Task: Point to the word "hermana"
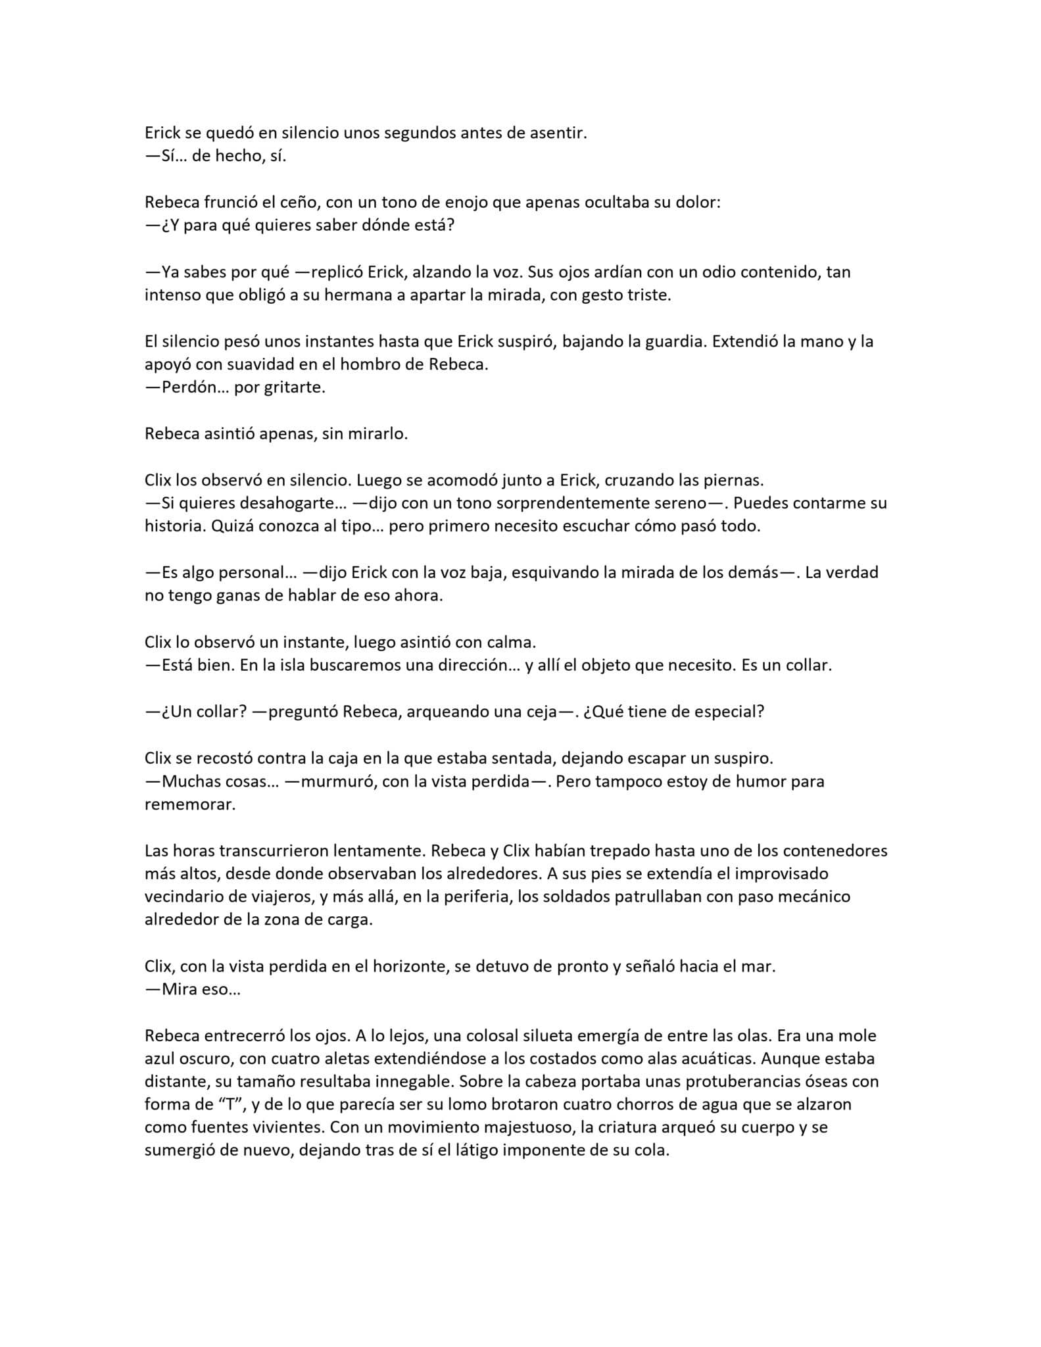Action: tap(357, 295)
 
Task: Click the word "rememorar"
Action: tap(189, 804)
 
